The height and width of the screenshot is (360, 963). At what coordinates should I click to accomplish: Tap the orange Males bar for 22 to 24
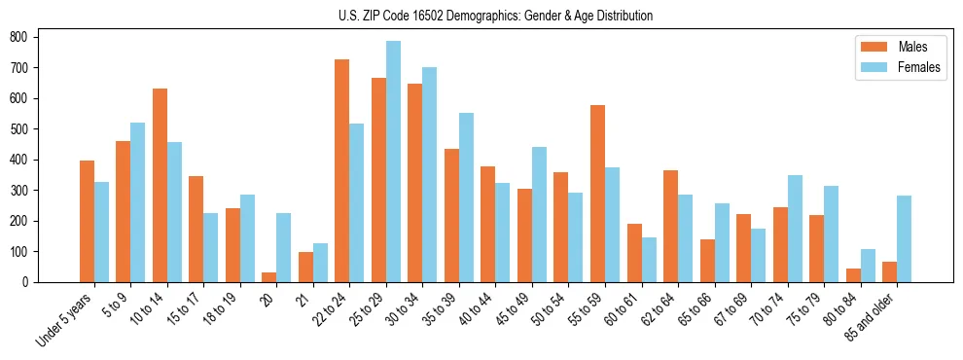pos(342,170)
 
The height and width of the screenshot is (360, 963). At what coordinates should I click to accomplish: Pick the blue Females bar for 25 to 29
pos(393,162)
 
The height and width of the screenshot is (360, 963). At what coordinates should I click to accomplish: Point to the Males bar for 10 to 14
pos(160,185)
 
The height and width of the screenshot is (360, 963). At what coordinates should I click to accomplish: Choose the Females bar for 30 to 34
pos(430,174)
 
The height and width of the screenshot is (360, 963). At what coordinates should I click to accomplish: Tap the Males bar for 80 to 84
pos(853,275)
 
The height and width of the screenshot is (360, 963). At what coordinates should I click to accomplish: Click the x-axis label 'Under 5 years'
pos(66,318)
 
